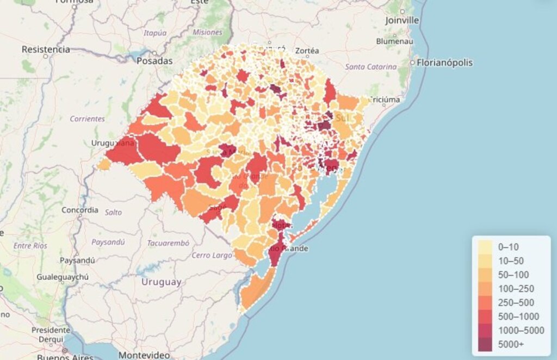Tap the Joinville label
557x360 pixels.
click(x=402, y=20)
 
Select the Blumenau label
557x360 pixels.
click(x=394, y=41)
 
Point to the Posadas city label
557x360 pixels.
click(x=154, y=60)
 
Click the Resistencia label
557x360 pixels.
click(x=46, y=49)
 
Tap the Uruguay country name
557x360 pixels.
click(x=162, y=282)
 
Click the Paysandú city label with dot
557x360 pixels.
click(x=77, y=260)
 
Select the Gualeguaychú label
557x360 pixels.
click(x=63, y=277)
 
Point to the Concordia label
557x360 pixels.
click(x=80, y=209)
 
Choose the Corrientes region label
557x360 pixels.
click(x=87, y=119)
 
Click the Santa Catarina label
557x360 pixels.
click(x=371, y=67)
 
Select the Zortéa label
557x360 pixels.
click(x=308, y=51)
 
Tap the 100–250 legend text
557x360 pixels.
click(x=516, y=288)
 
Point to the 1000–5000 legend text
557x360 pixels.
click(x=521, y=331)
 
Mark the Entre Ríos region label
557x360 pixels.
click(x=30, y=246)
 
